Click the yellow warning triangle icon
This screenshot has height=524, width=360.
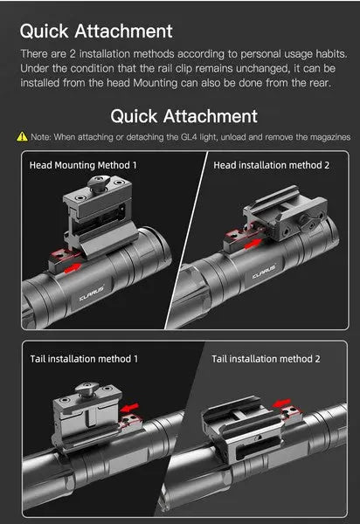click(x=22, y=136)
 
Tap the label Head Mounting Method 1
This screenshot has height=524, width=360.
click(x=83, y=165)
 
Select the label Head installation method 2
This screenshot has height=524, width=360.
click(x=272, y=165)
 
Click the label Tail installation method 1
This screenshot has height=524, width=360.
click(x=84, y=359)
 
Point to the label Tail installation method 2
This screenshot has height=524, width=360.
click(x=266, y=359)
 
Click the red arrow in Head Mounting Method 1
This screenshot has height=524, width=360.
click(x=73, y=268)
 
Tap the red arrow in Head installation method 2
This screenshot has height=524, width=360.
click(x=253, y=244)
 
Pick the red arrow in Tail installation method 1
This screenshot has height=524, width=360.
click(x=129, y=407)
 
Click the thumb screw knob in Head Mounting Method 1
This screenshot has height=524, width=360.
click(x=98, y=183)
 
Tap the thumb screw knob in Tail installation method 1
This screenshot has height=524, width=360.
click(x=86, y=390)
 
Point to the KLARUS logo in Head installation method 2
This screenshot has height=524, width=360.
click(x=264, y=272)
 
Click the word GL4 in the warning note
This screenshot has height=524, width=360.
click(x=189, y=137)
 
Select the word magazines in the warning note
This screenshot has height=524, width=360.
click(x=330, y=137)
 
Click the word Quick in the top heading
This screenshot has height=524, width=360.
click(x=44, y=31)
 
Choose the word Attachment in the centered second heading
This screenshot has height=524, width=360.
click(x=211, y=116)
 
